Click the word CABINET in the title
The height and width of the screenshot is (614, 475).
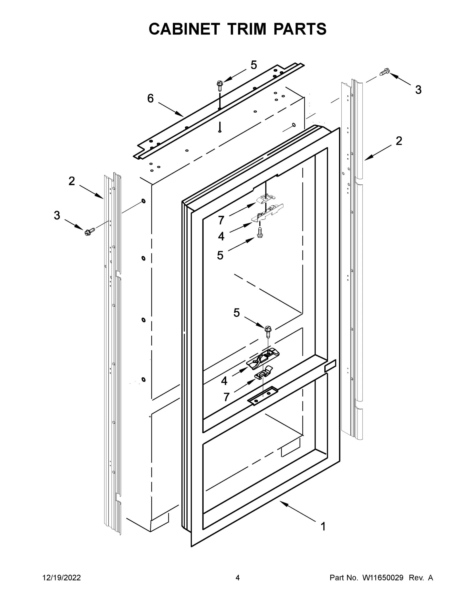184,29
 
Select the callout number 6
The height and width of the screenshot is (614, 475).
151,98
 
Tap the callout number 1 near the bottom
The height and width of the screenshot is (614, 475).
323,526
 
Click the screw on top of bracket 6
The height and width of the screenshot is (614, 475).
220,85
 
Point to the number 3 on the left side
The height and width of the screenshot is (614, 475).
57,215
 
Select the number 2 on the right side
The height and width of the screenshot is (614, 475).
399,141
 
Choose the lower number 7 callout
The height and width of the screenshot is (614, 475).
227,397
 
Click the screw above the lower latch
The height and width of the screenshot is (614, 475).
268,330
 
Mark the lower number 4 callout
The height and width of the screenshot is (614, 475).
224,381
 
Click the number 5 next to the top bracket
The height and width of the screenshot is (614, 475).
254,65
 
